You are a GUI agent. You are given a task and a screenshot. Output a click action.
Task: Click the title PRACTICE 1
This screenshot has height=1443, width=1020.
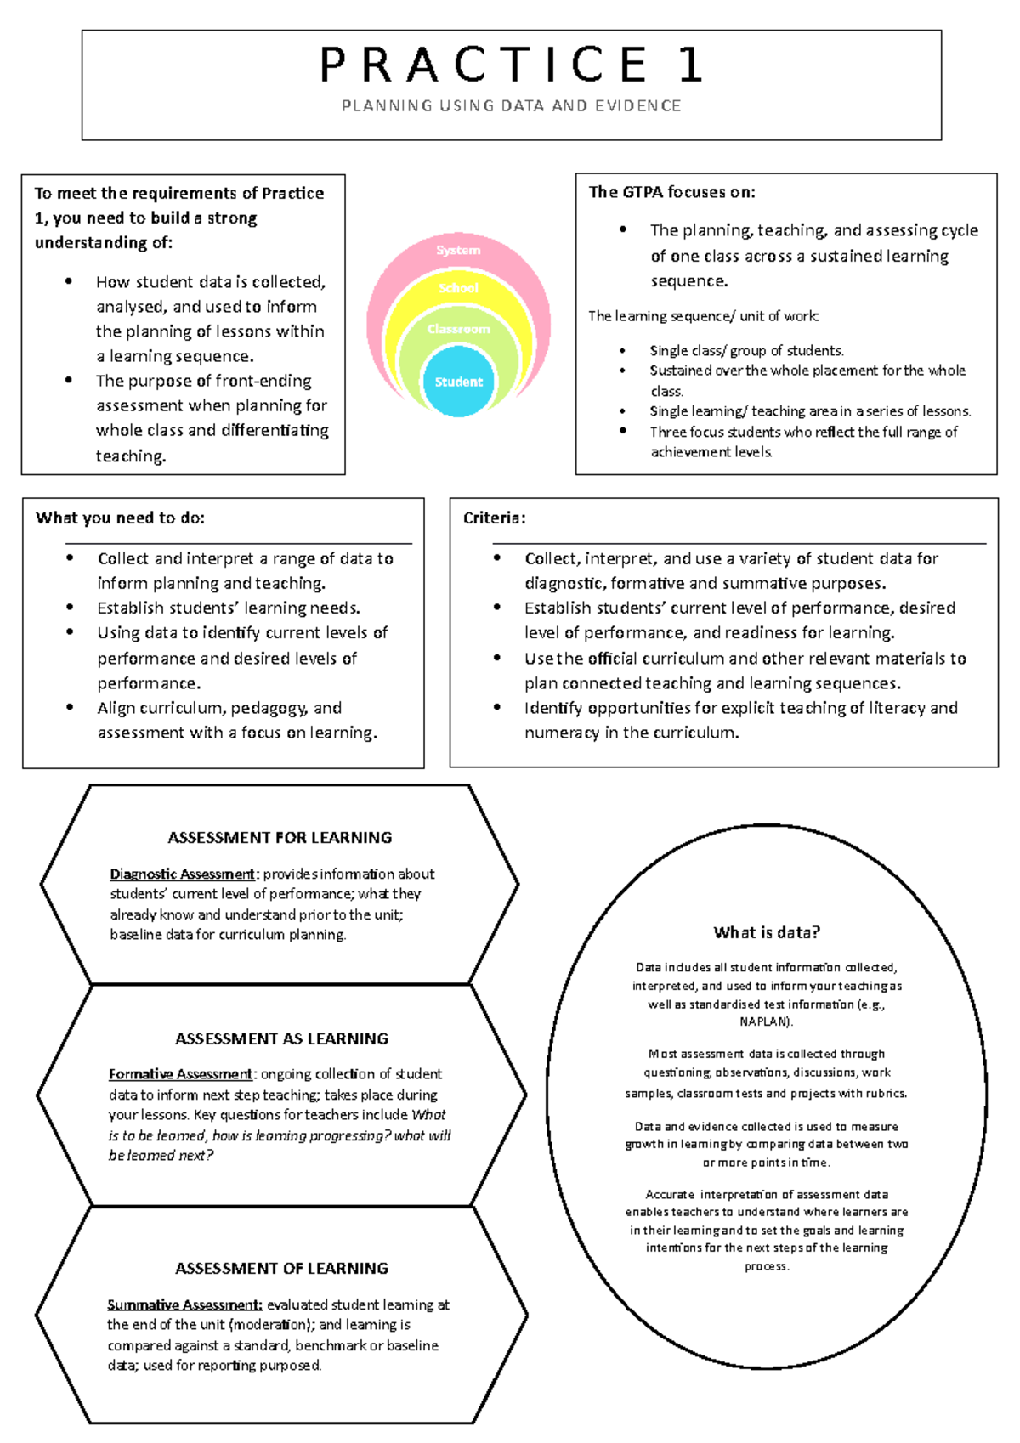click(511, 65)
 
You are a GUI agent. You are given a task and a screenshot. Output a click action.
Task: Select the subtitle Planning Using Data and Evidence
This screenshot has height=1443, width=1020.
click(511, 106)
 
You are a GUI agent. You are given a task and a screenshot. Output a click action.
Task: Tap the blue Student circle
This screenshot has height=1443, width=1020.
click(458, 382)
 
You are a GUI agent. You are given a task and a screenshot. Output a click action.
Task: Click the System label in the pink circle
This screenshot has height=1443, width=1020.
click(458, 250)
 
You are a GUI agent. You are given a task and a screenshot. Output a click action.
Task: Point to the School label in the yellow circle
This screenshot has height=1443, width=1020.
click(458, 288)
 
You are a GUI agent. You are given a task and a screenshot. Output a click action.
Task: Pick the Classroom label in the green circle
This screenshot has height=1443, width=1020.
click(458, 329)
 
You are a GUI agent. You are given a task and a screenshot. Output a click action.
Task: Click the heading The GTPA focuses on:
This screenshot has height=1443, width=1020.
click(671, 192)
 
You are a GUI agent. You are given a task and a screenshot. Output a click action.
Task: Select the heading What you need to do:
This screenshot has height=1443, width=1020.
click(120, 518)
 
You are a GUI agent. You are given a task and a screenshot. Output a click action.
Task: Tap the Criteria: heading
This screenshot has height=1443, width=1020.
click(494, 518)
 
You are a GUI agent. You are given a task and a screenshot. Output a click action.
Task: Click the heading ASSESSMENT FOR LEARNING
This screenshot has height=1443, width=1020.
click(280, 838)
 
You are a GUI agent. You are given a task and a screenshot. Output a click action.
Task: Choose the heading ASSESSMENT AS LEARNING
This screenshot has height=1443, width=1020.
click(281, 1038)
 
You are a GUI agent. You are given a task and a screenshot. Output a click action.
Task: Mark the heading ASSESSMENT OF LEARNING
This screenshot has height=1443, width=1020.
click(281, 1268)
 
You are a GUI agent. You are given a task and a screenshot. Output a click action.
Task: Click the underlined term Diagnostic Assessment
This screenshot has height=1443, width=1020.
click(182, 874)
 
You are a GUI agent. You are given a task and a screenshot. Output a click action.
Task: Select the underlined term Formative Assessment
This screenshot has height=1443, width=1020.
click(180, 1074)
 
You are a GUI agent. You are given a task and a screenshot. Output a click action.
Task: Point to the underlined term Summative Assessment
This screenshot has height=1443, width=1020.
click(184, 1304)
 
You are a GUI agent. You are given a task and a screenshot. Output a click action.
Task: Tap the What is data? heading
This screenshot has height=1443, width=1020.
click(767, 932)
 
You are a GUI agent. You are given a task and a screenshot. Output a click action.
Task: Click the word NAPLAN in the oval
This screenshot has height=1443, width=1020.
click(765, 1021)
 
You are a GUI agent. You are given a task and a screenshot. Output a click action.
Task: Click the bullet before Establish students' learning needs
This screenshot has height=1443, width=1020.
click(71, 608)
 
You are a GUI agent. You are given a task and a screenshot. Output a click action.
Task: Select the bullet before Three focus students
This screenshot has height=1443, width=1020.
click(623, 431)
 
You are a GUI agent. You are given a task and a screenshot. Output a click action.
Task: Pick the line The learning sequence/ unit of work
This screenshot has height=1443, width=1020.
click(703, 316)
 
